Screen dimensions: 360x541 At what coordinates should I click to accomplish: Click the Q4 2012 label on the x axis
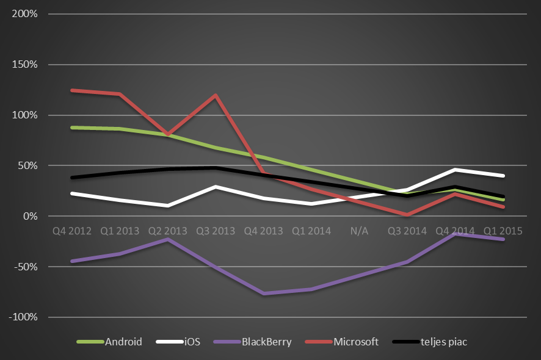pyautogui.click(x=72, y=231)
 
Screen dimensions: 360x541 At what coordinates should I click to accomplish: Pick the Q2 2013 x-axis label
pyautogui.click(x=168, y=231)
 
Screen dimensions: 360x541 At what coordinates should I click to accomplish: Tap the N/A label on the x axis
pyautogui.click(x=359, y=231)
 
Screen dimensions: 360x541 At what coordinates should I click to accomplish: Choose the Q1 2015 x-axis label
pyautogui.click(x=503, y=231)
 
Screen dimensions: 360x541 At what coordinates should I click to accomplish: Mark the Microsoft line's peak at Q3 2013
pyautogui.click(x=216, y=95)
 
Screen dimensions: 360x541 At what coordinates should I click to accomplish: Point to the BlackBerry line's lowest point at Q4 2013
pyautogui.click(x=264, y=293)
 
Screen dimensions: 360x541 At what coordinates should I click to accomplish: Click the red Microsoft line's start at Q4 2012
pyautogui.click(x=72, y=90)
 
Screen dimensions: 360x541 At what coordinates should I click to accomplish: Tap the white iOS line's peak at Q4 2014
pyautogui.click(x=455, y=170)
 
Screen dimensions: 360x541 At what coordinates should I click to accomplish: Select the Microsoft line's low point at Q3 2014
pyautogui.click(x=407, y=215)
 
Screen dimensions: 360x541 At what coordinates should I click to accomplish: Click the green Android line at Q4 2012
pyautogui.click(x=72, y=128)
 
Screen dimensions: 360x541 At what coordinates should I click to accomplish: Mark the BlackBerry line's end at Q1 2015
pyautogui.click(x=503, y=239)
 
